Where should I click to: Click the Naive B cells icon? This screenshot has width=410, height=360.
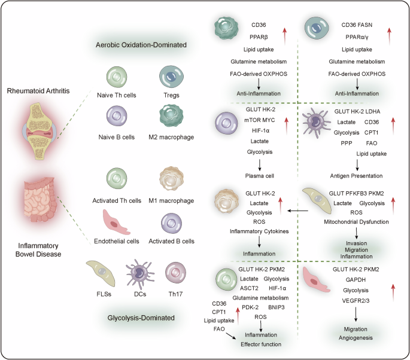(x=117, y=114)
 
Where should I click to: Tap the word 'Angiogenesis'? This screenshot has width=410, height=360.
(x=356, y=338)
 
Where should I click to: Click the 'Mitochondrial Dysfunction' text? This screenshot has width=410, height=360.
(x=357, y=221)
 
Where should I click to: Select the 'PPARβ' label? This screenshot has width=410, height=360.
(x=260, y=37)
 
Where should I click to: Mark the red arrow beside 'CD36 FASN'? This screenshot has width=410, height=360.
(x=391, y=33)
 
